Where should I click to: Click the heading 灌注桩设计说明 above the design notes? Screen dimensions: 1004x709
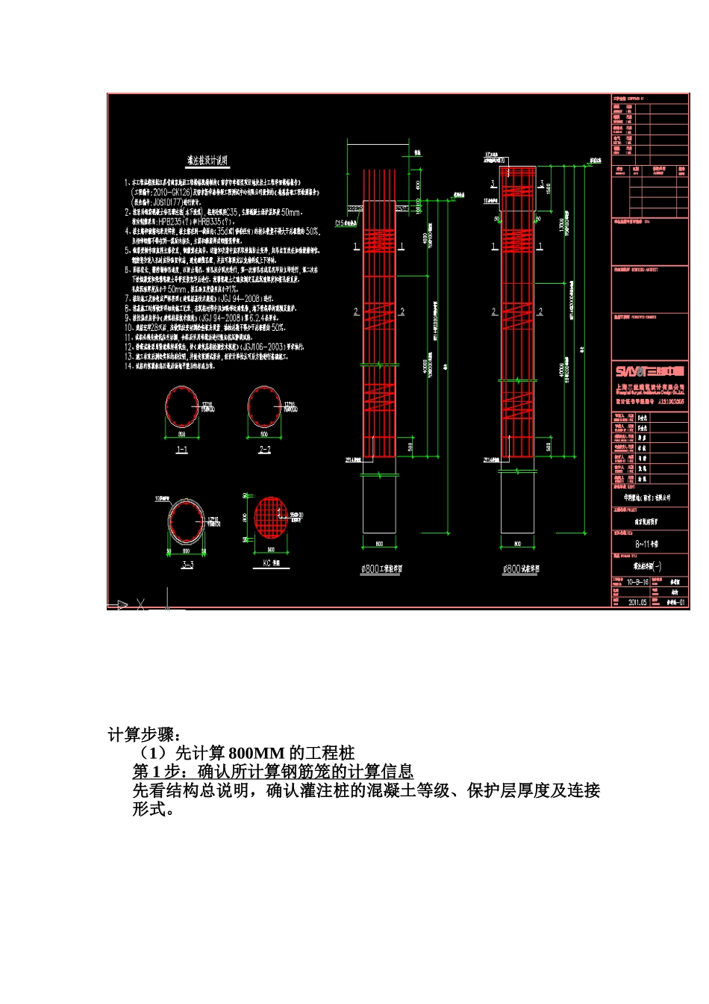coord(207,161)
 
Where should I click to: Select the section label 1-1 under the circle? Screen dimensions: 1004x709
coord(181,450)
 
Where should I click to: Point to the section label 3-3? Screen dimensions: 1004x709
coord(187,564)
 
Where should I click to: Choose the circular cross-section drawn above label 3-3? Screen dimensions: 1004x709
coord(186,520)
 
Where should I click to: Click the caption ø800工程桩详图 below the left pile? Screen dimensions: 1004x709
coord(381,569)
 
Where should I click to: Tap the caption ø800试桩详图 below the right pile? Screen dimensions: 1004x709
coord(521,569)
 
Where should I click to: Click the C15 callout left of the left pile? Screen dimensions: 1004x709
coord(344,222)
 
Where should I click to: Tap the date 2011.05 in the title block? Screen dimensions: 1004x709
coord(637,601)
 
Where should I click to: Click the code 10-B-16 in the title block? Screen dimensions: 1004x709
coord(637,581)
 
